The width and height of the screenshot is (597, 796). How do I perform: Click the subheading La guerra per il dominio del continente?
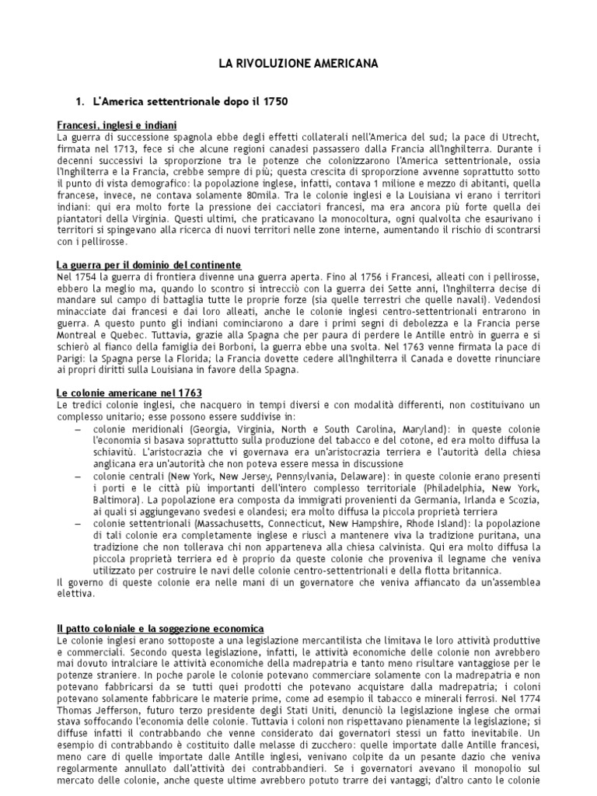click(x=149, y=265)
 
